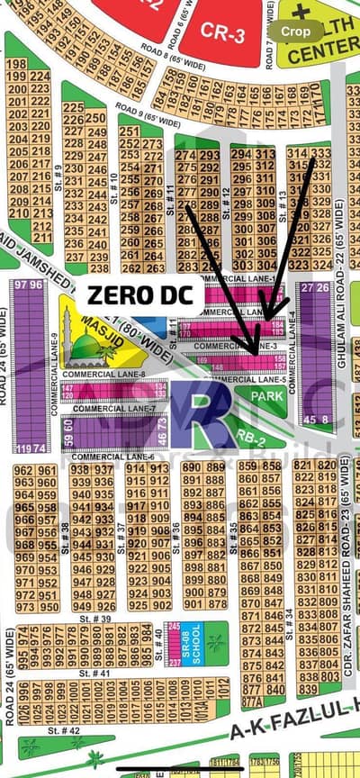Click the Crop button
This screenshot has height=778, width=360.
click(x=296, y=31)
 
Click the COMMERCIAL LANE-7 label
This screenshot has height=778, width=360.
click(x=107, y=409)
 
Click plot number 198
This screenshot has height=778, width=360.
click(x=15, y=65)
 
